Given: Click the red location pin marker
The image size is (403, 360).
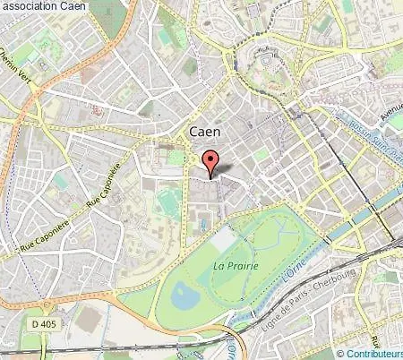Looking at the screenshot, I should pyautogui.click(x=212, y=165).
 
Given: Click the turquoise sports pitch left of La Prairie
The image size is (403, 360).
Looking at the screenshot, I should pyautogui.click(x=167, y=203).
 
